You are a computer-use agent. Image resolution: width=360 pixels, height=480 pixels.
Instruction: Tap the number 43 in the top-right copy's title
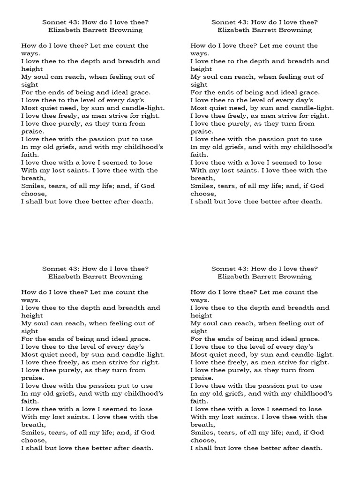[243, 22]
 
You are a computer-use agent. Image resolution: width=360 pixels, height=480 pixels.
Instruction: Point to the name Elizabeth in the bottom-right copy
[234, 277]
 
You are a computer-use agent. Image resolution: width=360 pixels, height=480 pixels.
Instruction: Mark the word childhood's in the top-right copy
[312, 147]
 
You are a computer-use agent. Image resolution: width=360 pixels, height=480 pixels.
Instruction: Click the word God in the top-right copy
[317, 186]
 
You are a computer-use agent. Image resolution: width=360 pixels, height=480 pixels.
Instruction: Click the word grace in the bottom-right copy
[309, 339]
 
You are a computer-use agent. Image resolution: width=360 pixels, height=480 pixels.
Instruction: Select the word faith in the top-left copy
[29, 155]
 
